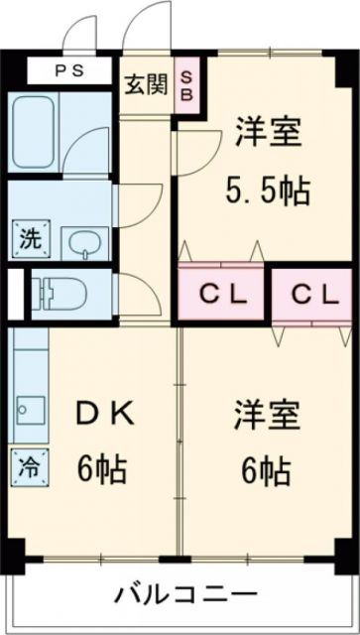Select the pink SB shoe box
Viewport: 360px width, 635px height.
click(x=185, y=84)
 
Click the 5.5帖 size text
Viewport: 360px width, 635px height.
click(x=267, y=189)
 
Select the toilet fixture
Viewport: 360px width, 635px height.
click(x=62, y=294)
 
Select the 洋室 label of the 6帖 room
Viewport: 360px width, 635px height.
click(x=267, y=415)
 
